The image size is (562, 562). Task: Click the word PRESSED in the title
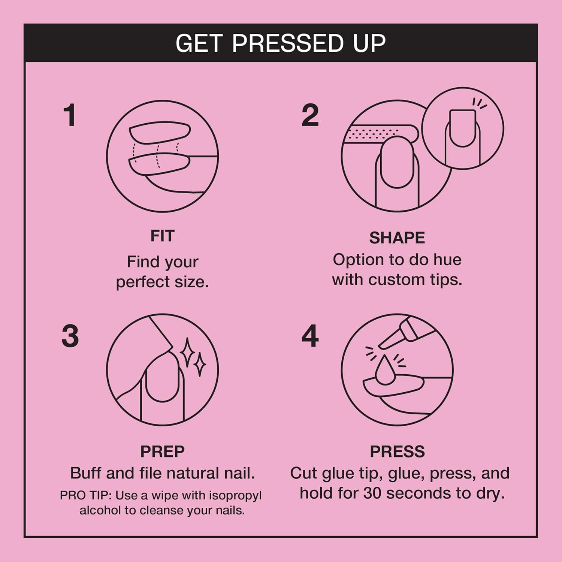pyautogui.click(x=287, y=43)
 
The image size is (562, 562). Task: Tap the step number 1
pyautogui.click(x=70, y=115)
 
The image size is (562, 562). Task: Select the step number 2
pyautogui.click(x=310, y=115)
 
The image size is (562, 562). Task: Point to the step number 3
pyautogui.click(x=70, y=336)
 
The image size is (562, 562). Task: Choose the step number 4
pyautogui.click(x=310, y=336)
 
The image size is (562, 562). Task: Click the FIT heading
pyautogui.click(x=162, y=236)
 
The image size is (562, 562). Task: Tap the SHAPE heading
pyautogui.click(x=397, y=238)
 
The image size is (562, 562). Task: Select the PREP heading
pyautogui.click(x=162, y=451)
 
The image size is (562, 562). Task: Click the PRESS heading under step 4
pyautogui.click(x=397, y=451)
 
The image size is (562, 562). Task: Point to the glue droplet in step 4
pyautogui.click(x=385, y=371)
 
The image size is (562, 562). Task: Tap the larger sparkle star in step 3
pyautogui.click(x=187, y=352)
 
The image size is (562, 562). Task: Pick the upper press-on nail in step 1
pyautogui.click(x=160, y=132)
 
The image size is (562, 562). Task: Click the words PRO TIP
pyautogui.click(x=86, y=495)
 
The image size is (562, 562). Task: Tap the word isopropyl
pyautogui.click(x=235, y=495)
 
